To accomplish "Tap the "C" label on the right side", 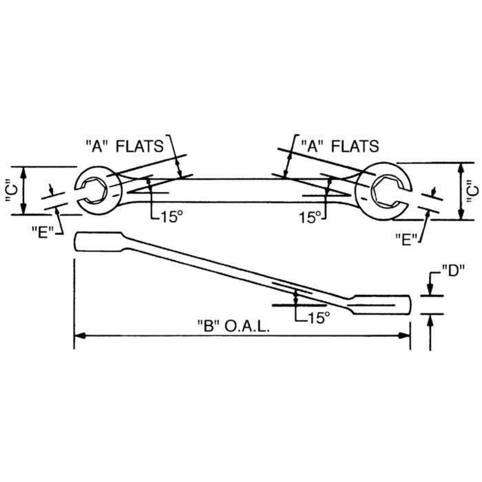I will pos(474,191).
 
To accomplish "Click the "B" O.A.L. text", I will pos(234,327).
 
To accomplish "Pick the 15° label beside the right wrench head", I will pos(310,217).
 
